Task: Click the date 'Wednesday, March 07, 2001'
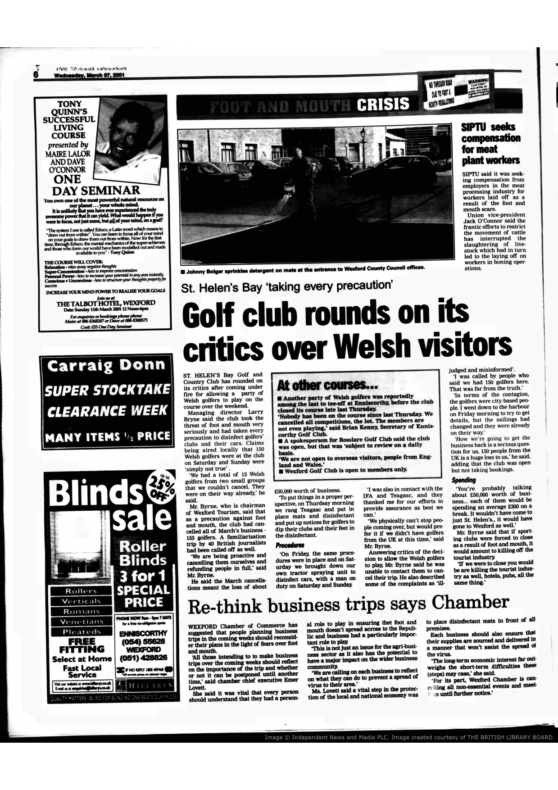[89, 75]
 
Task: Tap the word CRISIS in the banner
[383, 104]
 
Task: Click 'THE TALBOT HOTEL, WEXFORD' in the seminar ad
[106, 303]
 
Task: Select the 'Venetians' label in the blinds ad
[82, 622]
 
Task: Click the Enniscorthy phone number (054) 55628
[143, 641]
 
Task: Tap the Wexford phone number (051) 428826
[143, 658]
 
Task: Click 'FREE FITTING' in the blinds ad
[82, 645]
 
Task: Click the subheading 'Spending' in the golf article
[464, 480]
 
